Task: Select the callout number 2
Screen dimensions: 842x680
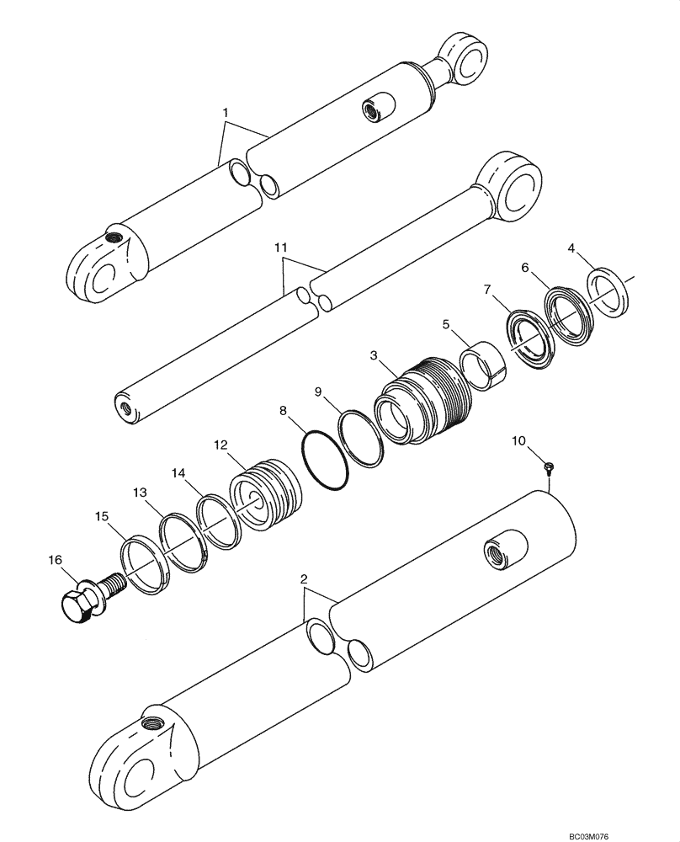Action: [304, 579]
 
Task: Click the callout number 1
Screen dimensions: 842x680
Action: [224, 112]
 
